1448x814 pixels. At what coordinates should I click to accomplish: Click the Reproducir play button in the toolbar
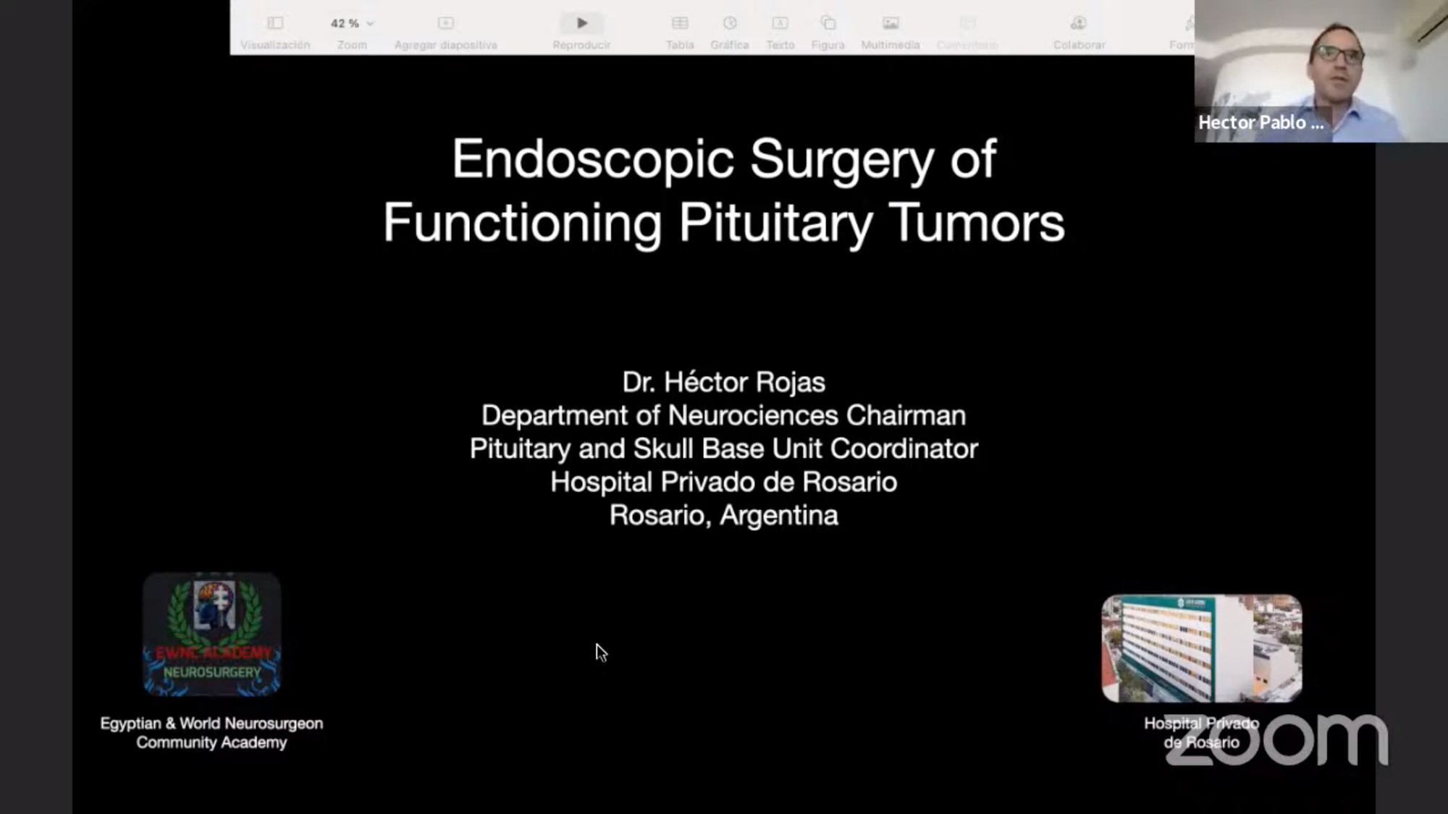581,23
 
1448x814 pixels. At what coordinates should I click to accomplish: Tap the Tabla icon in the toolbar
679,23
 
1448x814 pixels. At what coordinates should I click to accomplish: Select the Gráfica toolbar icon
729,23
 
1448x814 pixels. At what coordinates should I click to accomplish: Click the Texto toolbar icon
780,23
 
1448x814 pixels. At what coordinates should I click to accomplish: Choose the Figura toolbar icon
828,23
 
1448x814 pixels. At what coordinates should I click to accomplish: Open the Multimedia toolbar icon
890,23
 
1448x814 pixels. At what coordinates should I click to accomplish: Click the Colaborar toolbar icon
1078,23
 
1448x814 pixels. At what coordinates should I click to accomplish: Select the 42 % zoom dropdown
352,23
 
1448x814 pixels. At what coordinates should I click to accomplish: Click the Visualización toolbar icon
275,23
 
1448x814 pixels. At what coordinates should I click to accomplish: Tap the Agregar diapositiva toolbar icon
445,23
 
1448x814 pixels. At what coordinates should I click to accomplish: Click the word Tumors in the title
977,223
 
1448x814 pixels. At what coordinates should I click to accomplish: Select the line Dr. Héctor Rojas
723,382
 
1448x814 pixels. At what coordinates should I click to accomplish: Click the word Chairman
906,415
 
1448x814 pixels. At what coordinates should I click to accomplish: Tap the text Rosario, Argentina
723,515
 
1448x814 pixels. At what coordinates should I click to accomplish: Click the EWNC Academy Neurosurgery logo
211,635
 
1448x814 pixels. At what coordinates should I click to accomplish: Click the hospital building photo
1201,648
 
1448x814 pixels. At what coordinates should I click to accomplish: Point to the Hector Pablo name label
1260,122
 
